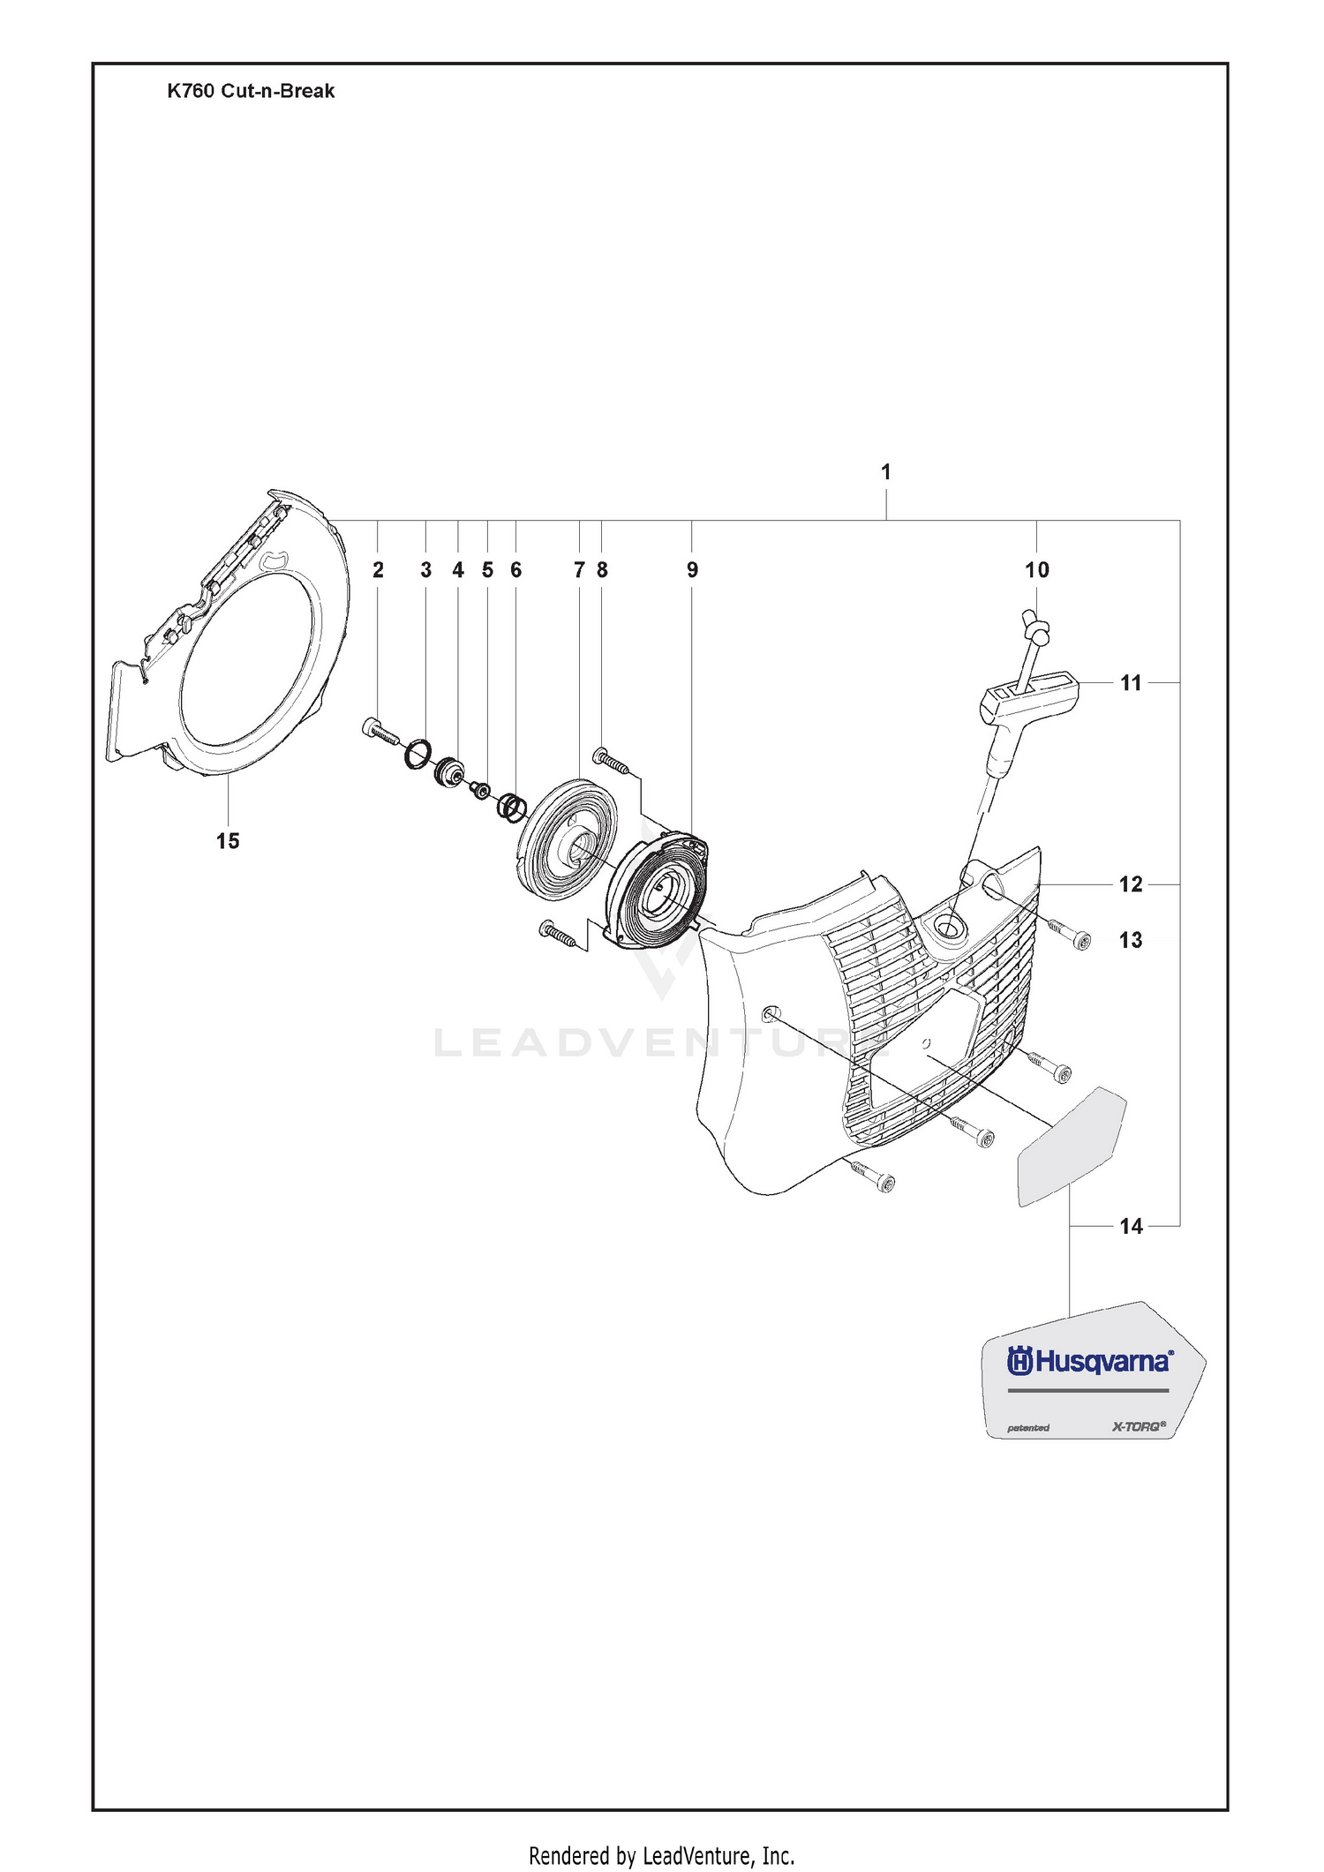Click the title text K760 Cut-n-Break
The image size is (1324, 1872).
(251, 91)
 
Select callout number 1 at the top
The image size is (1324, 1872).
(886, 472)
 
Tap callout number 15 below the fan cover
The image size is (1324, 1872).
(228, 841)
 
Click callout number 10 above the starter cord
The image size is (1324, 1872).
(1037, 570)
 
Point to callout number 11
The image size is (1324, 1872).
(1131, 682)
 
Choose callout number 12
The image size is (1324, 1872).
(1131, 883)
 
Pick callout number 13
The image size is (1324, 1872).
(1131, 940)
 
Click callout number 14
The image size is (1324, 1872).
(1131, 1226)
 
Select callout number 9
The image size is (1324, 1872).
(692, 570)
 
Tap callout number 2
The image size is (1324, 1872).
(378, 570)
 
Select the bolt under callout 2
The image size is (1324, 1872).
(380, 732)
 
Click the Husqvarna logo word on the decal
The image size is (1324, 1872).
(1090, 1362)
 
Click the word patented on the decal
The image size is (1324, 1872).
(1028, 1428)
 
